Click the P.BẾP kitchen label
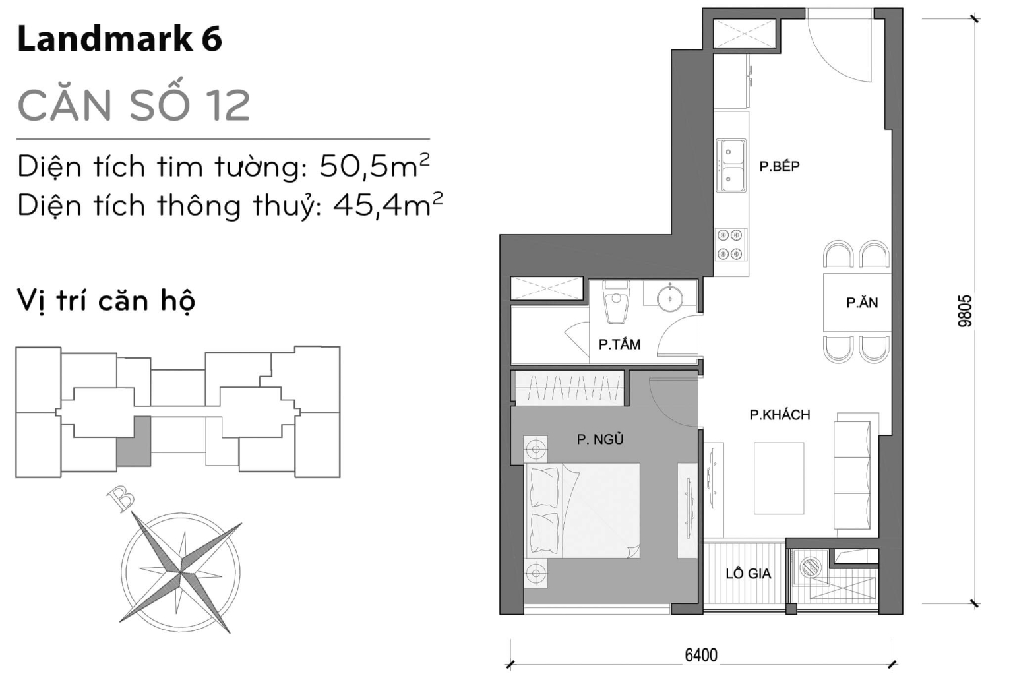click(779, 166)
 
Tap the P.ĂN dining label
click(861, 303)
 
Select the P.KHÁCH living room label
click(780, 415)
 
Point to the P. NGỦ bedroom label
click(599, 439)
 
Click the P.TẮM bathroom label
click(619, 344)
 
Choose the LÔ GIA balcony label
click(748, 574)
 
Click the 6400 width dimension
click(700, 655)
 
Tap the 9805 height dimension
click(965, 311)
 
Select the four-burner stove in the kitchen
click(731, 244)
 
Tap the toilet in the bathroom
click(617, 303)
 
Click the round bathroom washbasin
click(671, 297)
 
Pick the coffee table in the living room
click(779, 478)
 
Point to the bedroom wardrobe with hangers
click(568, 388)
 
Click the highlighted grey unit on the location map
click(134, 442)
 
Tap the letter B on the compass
click(121, 499)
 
